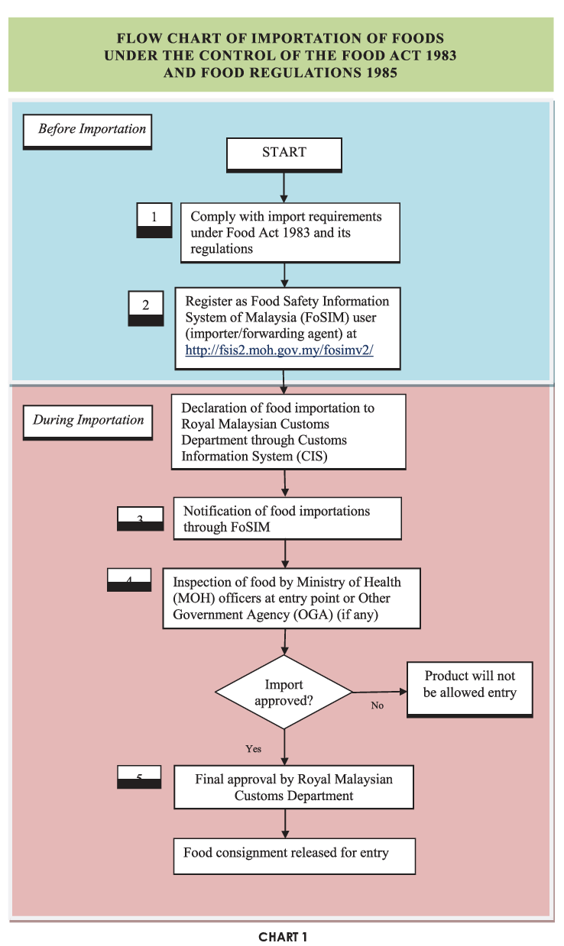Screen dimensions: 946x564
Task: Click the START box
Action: click(x=284, y=153)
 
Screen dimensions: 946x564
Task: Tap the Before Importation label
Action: click(x=87, y=130)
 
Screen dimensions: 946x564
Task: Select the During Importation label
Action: click(x=88, y=421)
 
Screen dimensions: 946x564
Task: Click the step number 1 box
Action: click(x=154, y=218)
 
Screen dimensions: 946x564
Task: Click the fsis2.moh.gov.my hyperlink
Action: click(x=279, y=351)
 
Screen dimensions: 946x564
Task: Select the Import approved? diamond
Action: click(x=284, y=693)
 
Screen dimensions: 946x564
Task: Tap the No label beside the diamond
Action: click(x=377, y=705)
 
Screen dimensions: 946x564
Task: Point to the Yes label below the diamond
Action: click(x=253, y=749)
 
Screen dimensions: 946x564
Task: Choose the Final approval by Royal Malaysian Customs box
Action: click(x=293, y=787)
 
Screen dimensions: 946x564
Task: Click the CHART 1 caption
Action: click(x=282, y=937)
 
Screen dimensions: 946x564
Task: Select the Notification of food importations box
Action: click(x=287, y=519)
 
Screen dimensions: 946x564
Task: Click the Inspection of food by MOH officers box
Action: click(x=291, y=598)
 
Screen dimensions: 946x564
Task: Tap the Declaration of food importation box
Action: click(x=288, y=431)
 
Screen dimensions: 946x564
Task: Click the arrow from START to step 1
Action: click(x=284, y=187)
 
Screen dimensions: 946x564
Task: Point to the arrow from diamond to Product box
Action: click(x=379, y=692)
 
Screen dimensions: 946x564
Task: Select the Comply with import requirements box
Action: click(x=290, y=233)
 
